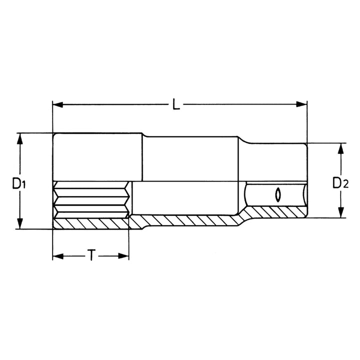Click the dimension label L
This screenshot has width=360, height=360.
tap(175, 105)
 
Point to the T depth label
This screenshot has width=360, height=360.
tap(91, 256)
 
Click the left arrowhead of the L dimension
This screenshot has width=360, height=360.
tap(58, 105)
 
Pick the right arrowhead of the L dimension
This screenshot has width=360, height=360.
tap(301, 105)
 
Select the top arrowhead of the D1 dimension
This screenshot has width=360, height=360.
tap(19, 138)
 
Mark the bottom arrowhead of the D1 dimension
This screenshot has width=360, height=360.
tap(19, 224)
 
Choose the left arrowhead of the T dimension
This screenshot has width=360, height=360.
tap(58, 256)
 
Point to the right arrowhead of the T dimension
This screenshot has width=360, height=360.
tap(123, 256)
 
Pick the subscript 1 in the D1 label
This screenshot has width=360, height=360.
tap(23, 186)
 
